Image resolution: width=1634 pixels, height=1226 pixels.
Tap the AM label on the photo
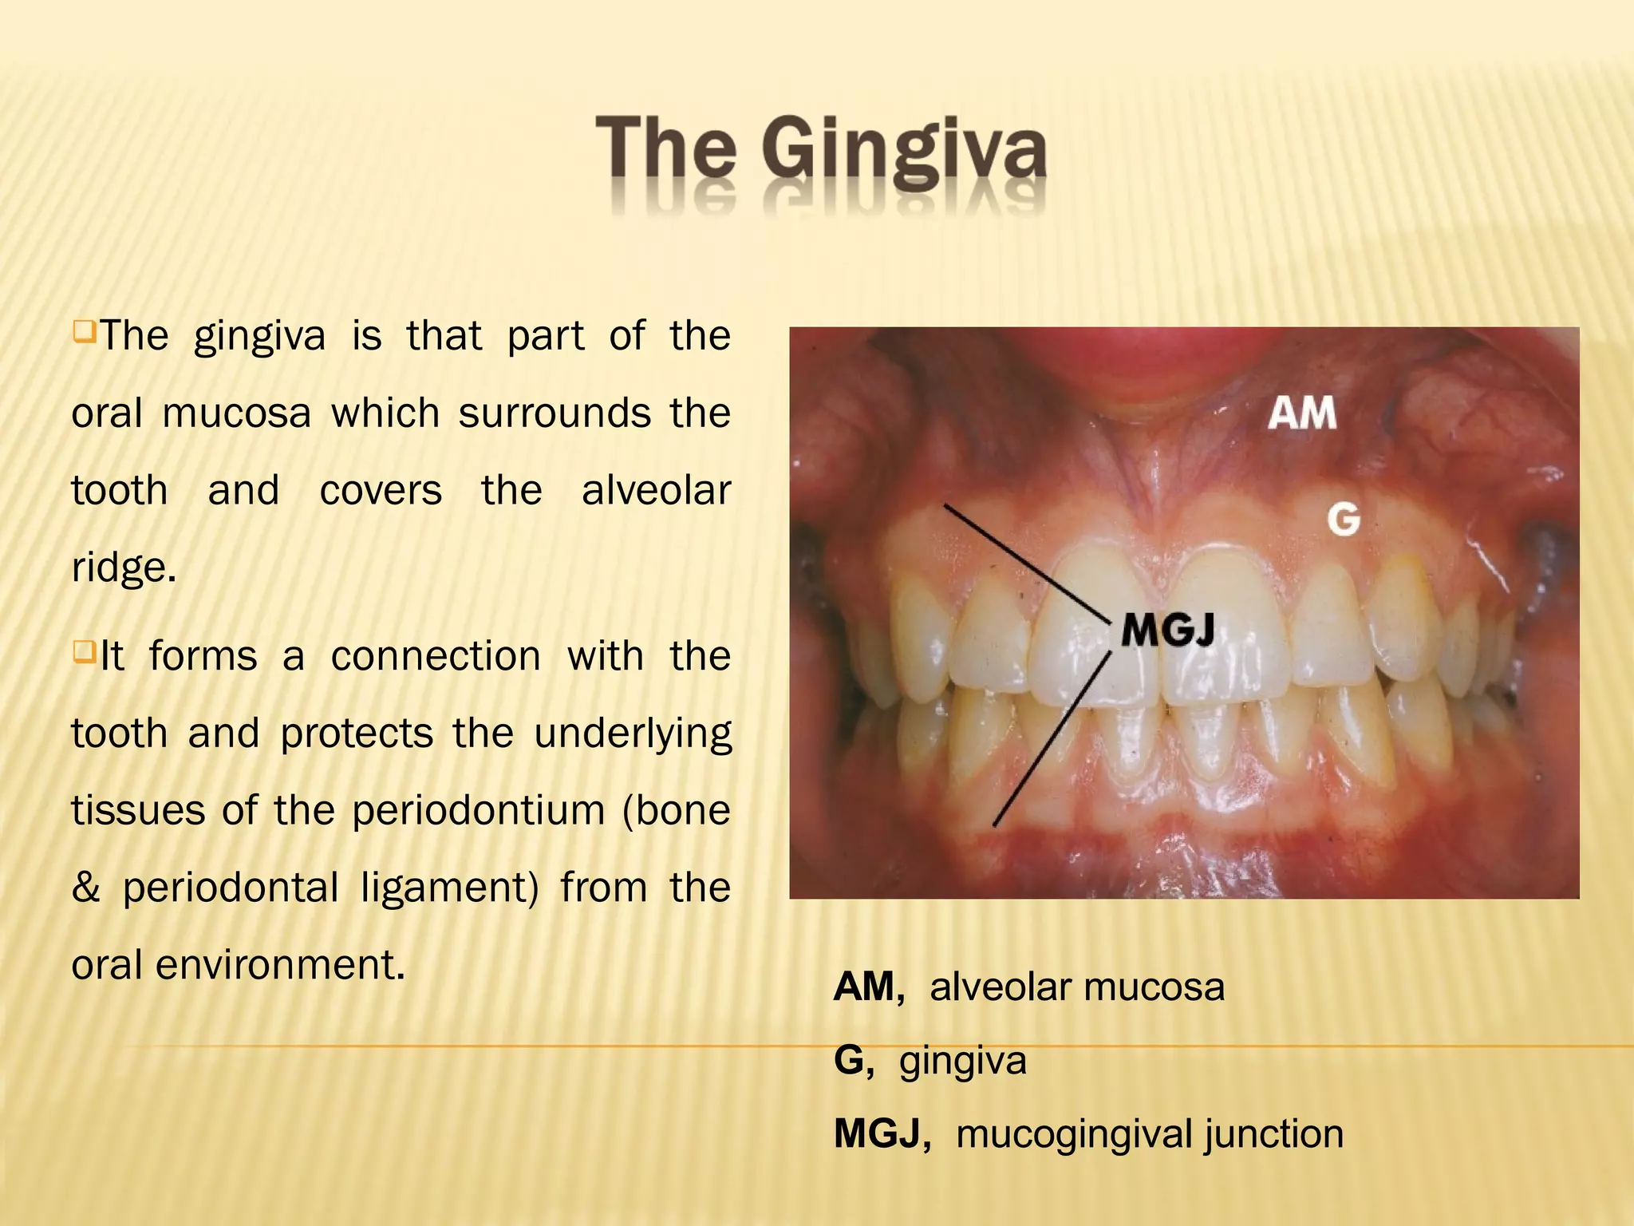pos(1302,413)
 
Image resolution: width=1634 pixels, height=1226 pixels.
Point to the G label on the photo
pos(1344,520)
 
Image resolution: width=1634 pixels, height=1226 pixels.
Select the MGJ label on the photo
pos(1168,631)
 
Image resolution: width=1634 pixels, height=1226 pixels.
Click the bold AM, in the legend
pos(869,987)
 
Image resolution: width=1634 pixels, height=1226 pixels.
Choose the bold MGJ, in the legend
pos(882,1134)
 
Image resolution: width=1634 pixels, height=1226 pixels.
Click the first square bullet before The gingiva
pos(83,331)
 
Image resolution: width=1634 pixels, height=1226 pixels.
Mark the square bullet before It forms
pos(83,652)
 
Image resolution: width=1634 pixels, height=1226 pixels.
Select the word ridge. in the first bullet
pos(124,568)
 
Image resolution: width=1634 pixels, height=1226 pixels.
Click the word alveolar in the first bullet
pos(656,490)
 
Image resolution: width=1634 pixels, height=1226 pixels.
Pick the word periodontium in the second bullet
pos(478,811)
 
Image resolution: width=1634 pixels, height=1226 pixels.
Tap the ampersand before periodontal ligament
pos(85,888)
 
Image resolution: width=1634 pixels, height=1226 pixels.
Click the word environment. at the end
pos(281,965)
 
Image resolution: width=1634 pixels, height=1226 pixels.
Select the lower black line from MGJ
pos(1052,739)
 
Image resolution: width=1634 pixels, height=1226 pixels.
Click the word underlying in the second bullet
pos(632,734)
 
